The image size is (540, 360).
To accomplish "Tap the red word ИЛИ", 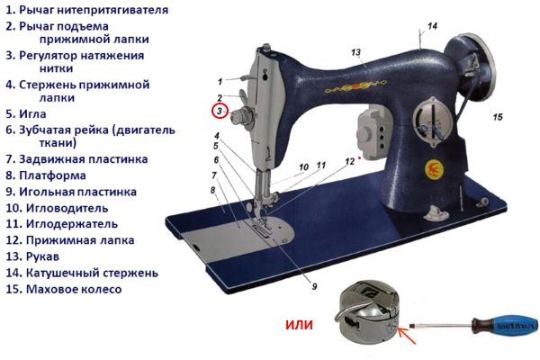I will pos(299,324).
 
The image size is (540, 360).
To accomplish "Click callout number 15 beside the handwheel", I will pos(498,116).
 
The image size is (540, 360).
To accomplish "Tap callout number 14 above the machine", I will pos(432,26).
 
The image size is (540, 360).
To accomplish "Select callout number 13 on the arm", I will pos(355,52).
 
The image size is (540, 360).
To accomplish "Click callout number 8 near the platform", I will pos(212,190).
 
